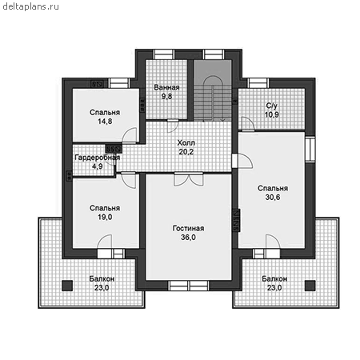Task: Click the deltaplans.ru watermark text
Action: coord(30,6)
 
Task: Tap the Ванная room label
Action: coord(166,87)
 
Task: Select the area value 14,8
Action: coord(105,122)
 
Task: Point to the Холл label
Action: coord(186,142)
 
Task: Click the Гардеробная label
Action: coord(97,158)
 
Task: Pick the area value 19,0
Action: coord(105,217)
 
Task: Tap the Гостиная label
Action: coord(188,228)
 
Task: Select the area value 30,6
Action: coord(273,198)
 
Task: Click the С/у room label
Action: coord(272,106)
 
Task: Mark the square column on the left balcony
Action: coord(67,286)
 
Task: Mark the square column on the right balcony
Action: coord(310,286)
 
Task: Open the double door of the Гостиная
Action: coord(189,179)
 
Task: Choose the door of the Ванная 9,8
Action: coord(173,125)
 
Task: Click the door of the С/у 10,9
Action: coord(248,124)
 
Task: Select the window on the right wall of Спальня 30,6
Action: coord(310,149)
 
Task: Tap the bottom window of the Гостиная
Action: coord(189,286)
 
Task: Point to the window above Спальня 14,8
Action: coord(119,83)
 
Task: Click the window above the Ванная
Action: coord(164,54)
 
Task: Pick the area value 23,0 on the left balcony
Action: coord(102,288)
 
